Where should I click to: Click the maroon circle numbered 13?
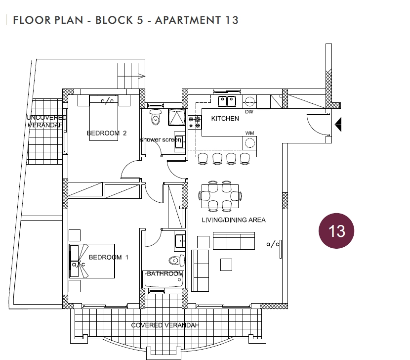click(x=336, y=230)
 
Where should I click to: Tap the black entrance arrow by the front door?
click(x=338, y=124)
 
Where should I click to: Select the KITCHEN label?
click(x=225, y=119)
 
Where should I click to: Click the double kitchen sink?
click(x=227, y=101)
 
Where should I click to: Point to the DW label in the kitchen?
click(x=249, y=112)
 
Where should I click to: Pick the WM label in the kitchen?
click(x=250, y=133)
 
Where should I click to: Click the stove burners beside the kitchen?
click(x=195, y=123)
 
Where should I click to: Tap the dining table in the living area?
click(x=220, y=196)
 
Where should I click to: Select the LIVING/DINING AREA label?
click(x=234, y=220)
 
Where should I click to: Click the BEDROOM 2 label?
click(x=107, y=133)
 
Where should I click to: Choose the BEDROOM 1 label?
click(x=109, y=257)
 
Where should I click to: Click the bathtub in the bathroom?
click(x=163, y=279)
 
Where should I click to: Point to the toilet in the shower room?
click(x=156, y=117)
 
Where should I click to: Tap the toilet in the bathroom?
click(x=176, y=261)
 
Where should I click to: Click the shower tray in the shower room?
click(x=177, y=117)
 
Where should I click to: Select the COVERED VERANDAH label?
click(x=165, y=325)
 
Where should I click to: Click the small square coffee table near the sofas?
click(x=226, y=265)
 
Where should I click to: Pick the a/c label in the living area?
click(x=273, y=244)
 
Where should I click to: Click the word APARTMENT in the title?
click(x=188, y=20)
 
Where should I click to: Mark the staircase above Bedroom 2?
click(x=131, y=76)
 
